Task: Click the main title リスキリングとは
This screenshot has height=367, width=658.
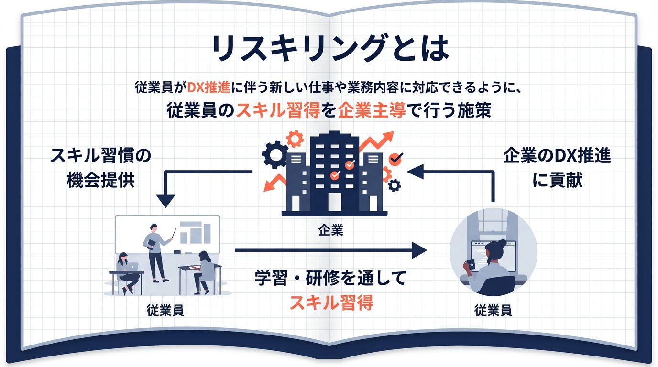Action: point(329,48)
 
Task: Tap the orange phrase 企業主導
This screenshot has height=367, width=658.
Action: point(372,111)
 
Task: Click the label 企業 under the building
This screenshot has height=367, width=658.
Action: point(330,231)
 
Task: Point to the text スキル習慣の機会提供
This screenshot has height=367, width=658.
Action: point(100,168)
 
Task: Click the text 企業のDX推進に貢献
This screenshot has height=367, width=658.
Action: point(557,169)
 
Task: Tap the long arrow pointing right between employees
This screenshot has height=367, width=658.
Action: point(330,249)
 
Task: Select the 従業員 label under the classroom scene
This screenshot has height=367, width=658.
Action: point(165,311)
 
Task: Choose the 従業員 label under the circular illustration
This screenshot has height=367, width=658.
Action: point(493,311)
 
